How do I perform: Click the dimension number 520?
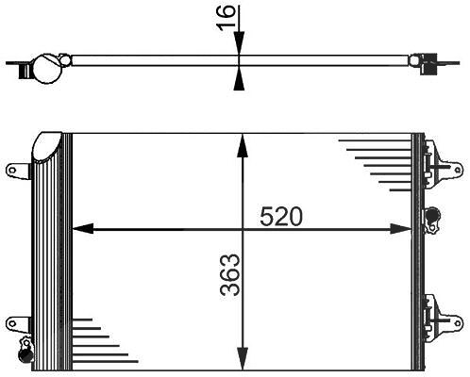[x=281, y=216]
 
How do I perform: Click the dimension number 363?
[x=230, y=275]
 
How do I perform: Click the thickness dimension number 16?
[x=226, y=18]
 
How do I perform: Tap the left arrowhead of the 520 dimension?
[x=83, y=228]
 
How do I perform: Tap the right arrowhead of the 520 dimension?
[x=400, y=229]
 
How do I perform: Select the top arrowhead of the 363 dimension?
[x=243, y=145]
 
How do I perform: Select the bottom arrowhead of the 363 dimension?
[x=243, y=359]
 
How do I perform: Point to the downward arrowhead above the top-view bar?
[x=239, y=43]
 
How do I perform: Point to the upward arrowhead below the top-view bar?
[x=239, y=78]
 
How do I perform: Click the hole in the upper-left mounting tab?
[x=12, y=171]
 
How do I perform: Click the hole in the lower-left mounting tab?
[x=12, y=323]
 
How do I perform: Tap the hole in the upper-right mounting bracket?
[x=458, y=170]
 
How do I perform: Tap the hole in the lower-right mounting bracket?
[x=458, y=323]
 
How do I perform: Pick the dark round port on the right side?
[x=433, y=215]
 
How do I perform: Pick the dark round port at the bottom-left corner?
[x=25, y=354]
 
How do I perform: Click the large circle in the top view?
[x=47, y=70]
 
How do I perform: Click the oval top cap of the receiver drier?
[x=47, y=146]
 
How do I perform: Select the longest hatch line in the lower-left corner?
[x=106, y=362]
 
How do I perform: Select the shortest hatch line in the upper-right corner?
[x=400, y=189]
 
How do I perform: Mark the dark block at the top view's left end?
[x=24, y=72]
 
